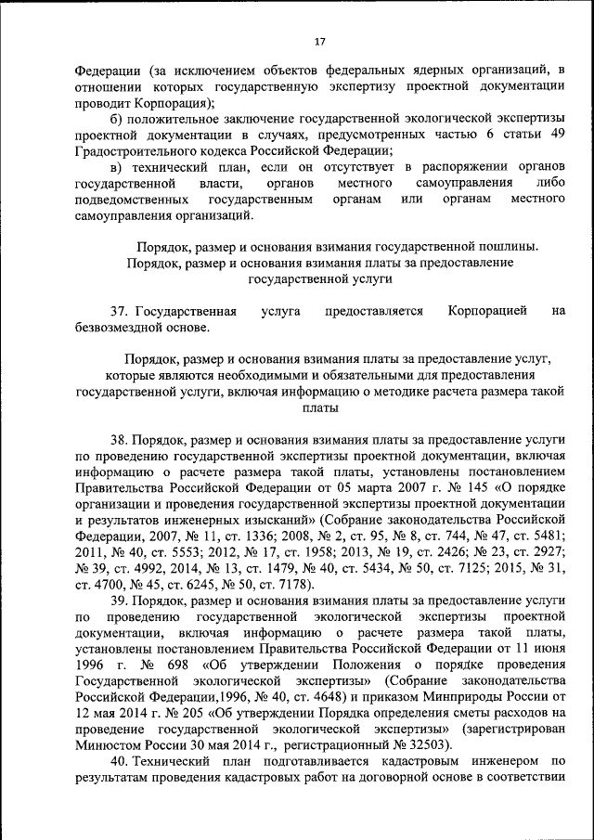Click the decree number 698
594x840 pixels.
(x=185, y=666)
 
